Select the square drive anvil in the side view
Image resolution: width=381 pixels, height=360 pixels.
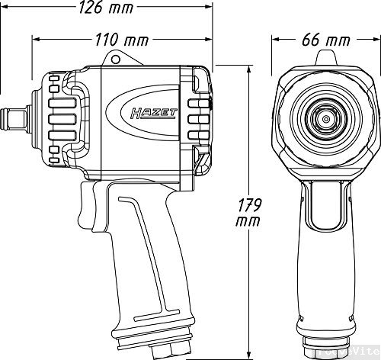click(x=17, y=119)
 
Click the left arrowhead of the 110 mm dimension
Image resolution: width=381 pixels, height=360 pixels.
click(x=34, y=38)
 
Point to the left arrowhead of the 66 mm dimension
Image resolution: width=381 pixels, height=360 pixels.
click(x=277, y=39)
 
